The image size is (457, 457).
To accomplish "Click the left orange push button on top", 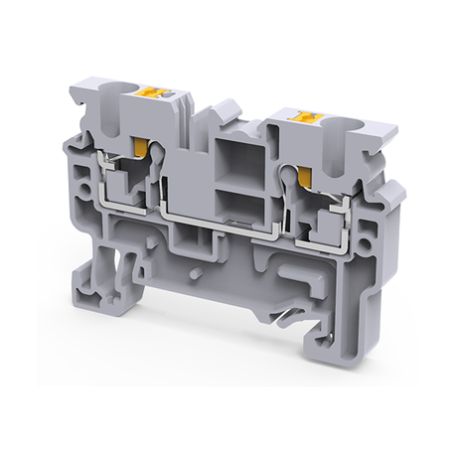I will pos(154,92).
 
